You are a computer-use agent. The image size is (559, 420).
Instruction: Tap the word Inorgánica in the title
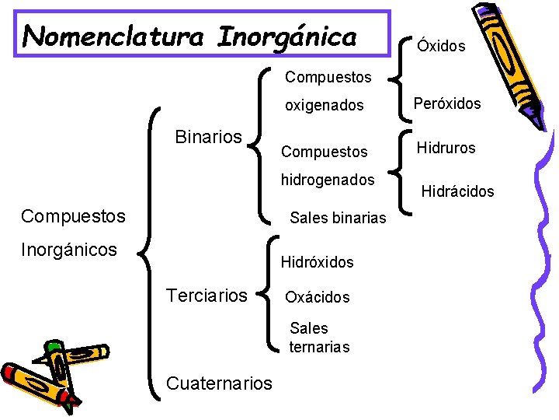click(287, 36)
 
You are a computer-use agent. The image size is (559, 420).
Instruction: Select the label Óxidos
click(441, 46)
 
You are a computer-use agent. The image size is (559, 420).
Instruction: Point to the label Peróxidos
click(447, 103)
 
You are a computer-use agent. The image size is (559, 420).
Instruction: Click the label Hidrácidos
click(457, 191)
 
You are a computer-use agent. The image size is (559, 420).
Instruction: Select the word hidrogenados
click(328, 180)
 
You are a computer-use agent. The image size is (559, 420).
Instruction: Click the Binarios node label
click(209, 138)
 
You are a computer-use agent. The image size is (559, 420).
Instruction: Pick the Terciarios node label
click(207, 295)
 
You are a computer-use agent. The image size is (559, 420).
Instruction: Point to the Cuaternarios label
click(220, 383)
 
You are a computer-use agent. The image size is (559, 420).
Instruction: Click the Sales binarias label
click(338, 219)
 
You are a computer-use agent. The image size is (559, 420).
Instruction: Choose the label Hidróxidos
click(317, 262)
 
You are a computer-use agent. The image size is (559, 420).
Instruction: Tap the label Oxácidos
click(318, 297)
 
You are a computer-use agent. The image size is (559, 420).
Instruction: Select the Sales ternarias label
click(319, 338)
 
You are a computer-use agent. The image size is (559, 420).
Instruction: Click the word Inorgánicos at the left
click(70, 250)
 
